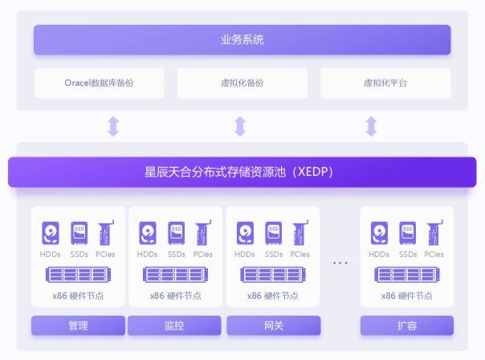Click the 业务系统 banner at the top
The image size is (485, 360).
(x=242, y=40)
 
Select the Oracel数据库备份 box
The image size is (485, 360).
(x=99, y=83)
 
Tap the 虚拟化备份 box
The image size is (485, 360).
(x=242, y=83)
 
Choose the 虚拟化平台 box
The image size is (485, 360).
(x=385, y=83)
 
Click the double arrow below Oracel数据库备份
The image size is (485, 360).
(x=113, y=126)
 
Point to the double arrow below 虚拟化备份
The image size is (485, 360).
(x=240, y=126)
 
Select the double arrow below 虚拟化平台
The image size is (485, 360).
(x=371, y=126)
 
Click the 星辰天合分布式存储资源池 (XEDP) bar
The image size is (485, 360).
(x=242, y=172)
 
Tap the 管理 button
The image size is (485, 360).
(x=78, y=325)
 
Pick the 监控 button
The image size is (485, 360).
(x=174, y=325)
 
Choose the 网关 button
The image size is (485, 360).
(x=273, y=325)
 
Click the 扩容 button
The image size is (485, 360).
(x=407, y=325)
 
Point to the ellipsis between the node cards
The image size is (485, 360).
(x=340, y=263)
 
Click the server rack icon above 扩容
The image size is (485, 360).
(x=407, y=275)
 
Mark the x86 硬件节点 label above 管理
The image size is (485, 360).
(x=78, y=296)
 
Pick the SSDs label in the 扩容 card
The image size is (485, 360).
(x=408, y=255)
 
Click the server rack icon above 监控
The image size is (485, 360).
(x=175, y=275)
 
